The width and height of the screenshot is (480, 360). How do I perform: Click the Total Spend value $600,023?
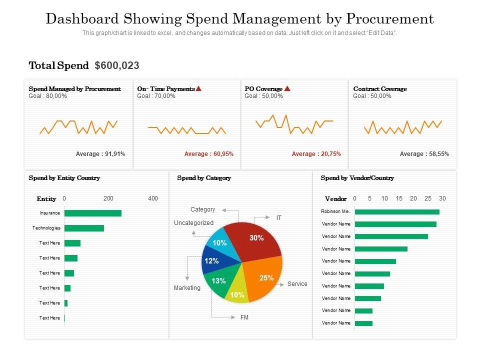pos(117,65)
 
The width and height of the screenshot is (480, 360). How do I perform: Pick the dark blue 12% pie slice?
pos(212,261)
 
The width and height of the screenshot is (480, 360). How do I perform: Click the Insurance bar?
pos(93,213)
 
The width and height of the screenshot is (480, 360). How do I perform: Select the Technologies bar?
pos(84,228)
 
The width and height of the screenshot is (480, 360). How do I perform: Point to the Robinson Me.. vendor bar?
pos(397,212)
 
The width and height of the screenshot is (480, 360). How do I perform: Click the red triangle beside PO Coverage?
pos(287,88)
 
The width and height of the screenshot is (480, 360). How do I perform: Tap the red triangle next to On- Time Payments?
pos(198,88)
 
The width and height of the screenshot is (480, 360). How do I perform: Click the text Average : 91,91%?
pos(100,154)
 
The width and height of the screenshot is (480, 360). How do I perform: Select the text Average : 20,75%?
pos(316,154)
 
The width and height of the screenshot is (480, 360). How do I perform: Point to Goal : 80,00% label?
pos(48,96)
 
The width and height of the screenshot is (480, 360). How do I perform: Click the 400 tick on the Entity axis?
pos(153,198)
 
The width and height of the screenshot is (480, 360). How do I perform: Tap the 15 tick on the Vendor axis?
pos(399,198)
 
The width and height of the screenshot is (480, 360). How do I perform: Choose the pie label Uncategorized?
pos(193,223)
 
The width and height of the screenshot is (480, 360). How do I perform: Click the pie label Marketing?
pos(187,288)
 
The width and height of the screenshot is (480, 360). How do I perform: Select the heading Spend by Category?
pos(204,178)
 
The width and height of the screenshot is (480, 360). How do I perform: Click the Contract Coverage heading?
pos(380,89)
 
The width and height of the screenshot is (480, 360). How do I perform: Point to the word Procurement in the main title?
pos(390,19)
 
